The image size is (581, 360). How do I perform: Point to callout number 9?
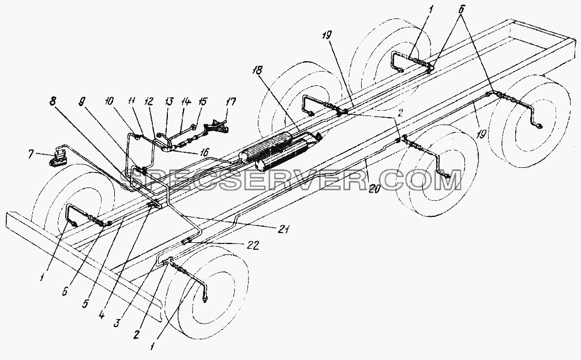(x=83, y=103)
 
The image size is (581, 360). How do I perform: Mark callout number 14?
(x=186, y=101)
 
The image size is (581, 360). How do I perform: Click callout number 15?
(x=203, y=101)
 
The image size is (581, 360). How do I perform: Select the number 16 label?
(x=204, y=151)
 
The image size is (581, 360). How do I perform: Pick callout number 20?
(x=374, y=189)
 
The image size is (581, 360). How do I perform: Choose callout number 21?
(x=283, y=230)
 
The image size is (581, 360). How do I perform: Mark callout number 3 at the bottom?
(x=117, y=322)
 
